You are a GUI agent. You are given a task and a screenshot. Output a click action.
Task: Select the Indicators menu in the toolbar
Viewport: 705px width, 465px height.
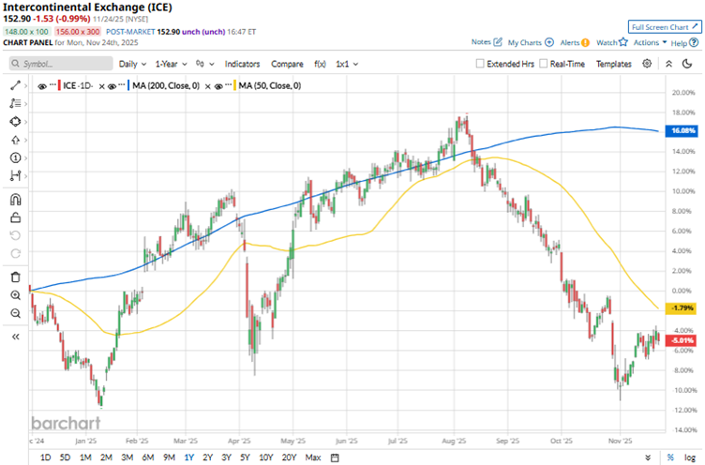243,64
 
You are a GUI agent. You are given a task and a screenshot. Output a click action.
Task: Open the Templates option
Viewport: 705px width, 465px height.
614,64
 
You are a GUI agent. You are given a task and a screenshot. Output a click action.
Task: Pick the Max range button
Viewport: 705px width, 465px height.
313,457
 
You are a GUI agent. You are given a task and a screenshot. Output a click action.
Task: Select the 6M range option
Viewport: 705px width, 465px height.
147,457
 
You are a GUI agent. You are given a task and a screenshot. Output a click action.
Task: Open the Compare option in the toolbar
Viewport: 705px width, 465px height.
287,64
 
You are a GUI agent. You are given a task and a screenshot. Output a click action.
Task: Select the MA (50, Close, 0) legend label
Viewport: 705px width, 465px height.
269,85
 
